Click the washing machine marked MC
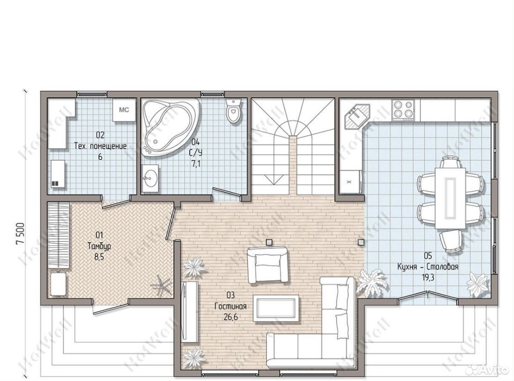click(x=124, y=110)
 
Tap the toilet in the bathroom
click(x=233, y=110)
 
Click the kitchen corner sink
click(x=357, y=117)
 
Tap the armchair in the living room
click(x=267, y=265)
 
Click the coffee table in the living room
click(x=276, y=308)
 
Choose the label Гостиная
click(x=230, y=306)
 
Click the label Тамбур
click(x=99, y=246)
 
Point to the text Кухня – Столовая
click(x=428, y=267)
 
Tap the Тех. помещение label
click(x=100, y=146)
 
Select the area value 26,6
click(x=230, y=317)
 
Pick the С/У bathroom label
click(x=196, y=153)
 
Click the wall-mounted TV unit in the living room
click(x=190, y=312)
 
